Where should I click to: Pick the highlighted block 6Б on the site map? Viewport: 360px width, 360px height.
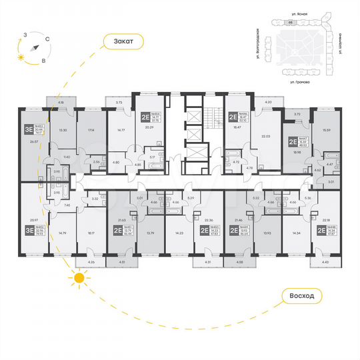point(291,22)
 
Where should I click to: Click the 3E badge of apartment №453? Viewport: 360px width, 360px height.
point(29,129)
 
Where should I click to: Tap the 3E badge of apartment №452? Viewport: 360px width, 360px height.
point(29,231)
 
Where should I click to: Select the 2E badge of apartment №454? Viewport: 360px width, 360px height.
point(144,117)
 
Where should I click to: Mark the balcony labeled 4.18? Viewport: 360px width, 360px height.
point(61,103)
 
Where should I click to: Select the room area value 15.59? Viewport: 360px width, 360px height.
point(327,130)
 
